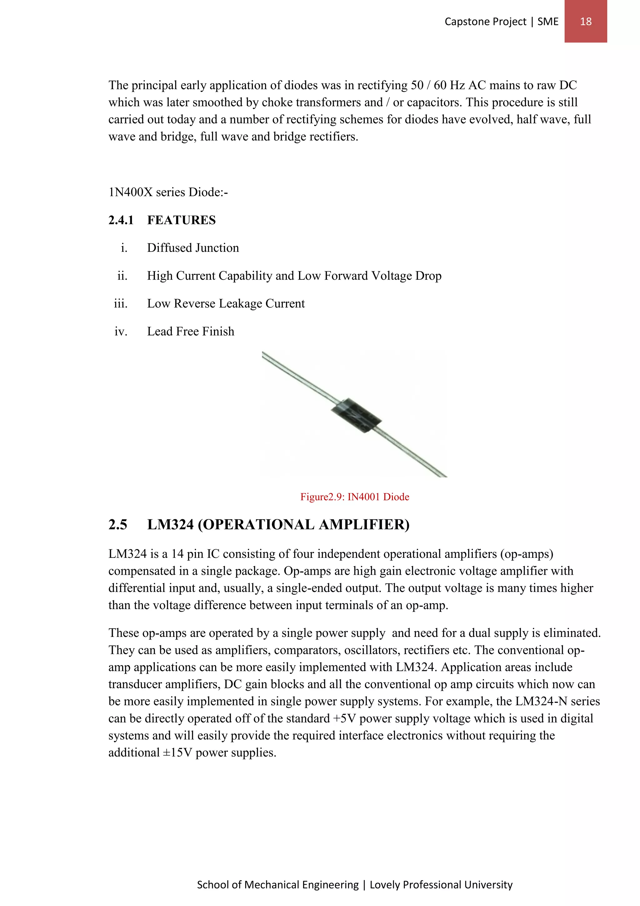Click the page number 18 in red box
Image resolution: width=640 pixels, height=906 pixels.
tap(586, 21)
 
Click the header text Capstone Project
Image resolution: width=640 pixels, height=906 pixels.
tap(485, 21)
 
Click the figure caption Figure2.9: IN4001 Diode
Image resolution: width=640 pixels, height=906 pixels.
tap(355, 497)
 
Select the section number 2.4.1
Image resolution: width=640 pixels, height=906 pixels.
tap(121, 220)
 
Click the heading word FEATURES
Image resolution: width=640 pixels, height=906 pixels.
tap(181, 220)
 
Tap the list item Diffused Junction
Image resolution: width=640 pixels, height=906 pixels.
tap(193, 248)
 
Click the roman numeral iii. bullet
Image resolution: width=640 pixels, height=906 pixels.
tap(121, 303)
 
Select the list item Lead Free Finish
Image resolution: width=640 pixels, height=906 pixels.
tap(190, 332)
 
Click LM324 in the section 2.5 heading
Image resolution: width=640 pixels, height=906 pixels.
tap(170, 525)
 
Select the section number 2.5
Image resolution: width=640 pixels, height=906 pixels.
tap(118, 525)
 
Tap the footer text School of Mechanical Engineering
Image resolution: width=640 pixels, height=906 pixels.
tap(278, 885)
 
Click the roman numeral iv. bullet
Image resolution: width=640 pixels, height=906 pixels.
tap(121, 332)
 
